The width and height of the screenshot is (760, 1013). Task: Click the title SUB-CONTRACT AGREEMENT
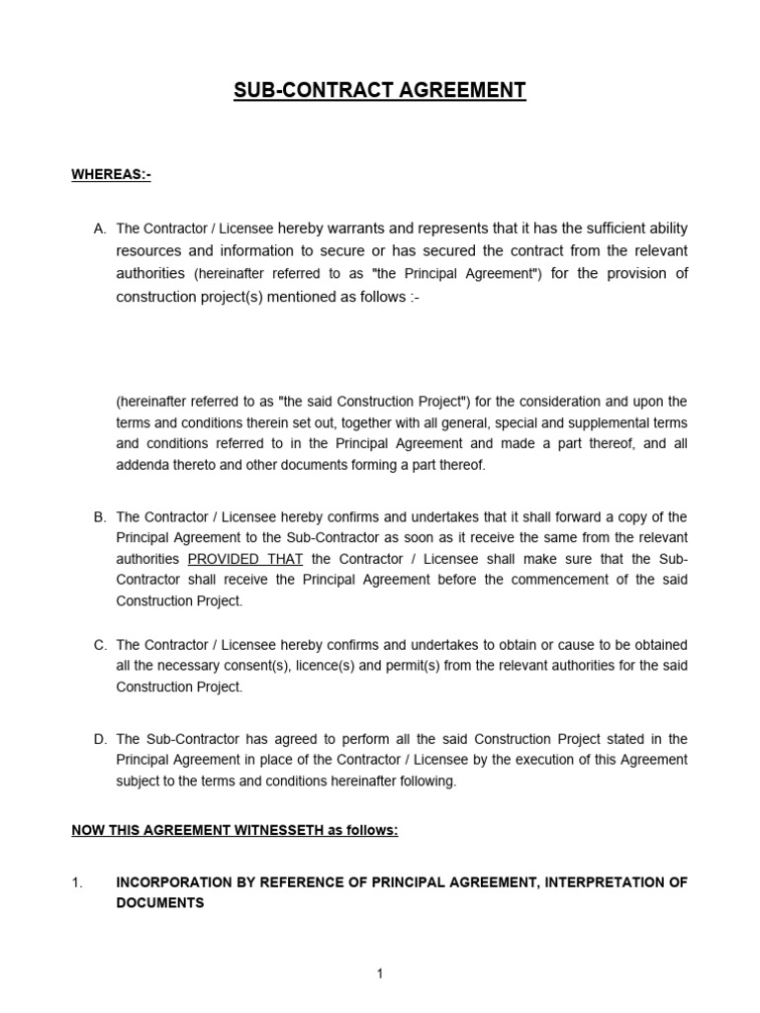[380, 91]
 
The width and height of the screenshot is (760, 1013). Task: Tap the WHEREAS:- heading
[111, 175]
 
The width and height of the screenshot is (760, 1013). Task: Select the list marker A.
[99, 229]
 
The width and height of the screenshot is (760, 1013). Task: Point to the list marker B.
[99, 517]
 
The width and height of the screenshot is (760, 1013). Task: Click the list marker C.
[99, 645]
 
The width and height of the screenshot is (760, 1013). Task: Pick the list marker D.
[99, 739]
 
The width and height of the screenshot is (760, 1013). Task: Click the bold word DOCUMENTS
[160, 903]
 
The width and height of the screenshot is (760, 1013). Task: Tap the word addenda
[141, 465]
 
